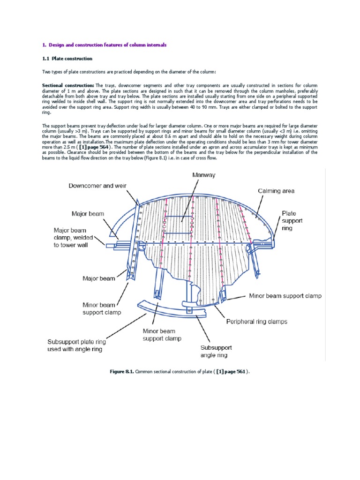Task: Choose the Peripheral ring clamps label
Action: point(257,322)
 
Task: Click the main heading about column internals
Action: point(104,45)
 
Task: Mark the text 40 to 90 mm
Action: point(193,107)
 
